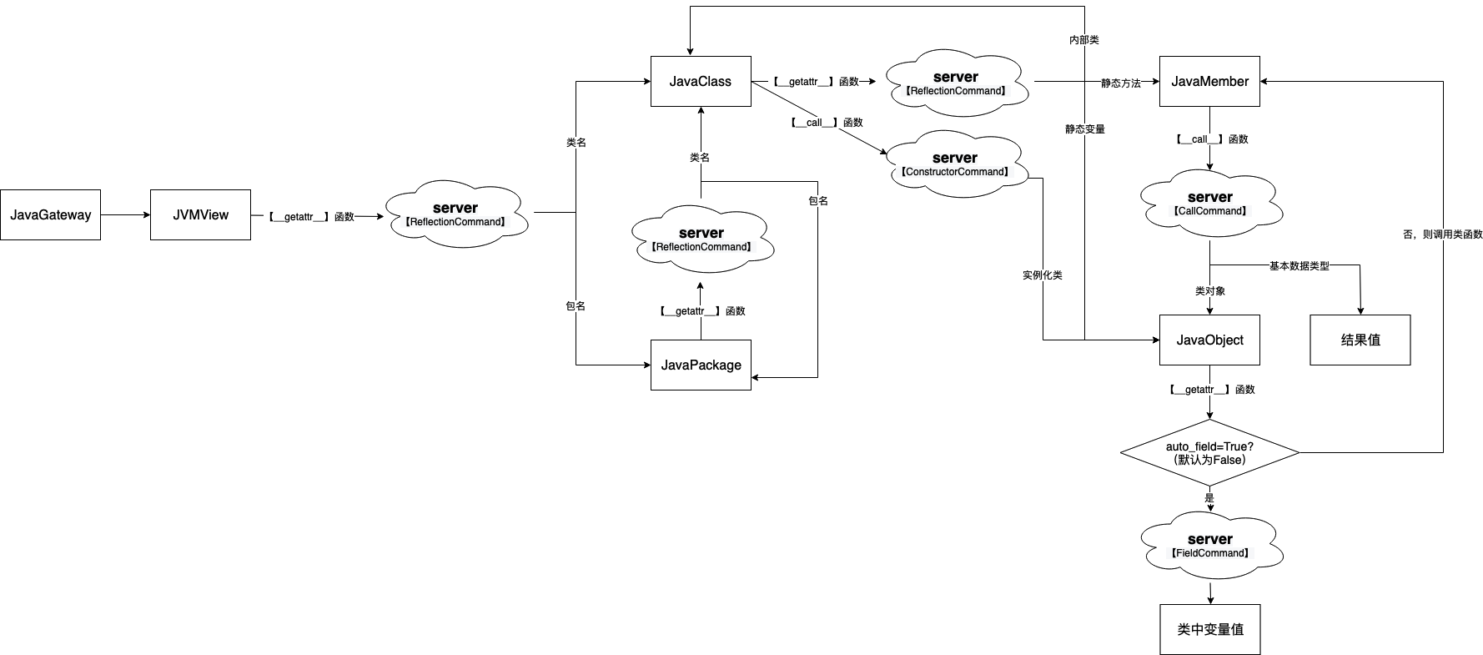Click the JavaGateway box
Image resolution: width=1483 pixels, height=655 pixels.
[x=50, y=215]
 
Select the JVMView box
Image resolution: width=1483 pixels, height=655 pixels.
[x=200, y=215]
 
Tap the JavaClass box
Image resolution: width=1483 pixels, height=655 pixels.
[x=701, y=82]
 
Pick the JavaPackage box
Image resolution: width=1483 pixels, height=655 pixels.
[x=701, y=365]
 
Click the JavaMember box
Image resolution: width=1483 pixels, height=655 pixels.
[x=1209, y=82]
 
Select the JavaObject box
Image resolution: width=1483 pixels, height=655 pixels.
[x=1209, y=340]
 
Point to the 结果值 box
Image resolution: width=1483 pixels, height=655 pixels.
[x=1360, y=340]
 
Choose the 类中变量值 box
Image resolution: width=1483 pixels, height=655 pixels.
[x=1209, y=629]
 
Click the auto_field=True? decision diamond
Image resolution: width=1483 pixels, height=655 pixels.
[x=1209, y=453]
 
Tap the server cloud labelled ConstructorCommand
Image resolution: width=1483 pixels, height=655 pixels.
[x=955, y=164]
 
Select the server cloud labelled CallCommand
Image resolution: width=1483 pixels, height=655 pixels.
[x=1209, y=203]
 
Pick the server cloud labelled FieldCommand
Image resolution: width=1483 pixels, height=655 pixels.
[x=1209, y=545]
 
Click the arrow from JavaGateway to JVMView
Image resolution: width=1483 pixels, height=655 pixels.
[x=125, y=215]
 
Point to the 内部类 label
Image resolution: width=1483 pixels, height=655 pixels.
[x=1084, y=40]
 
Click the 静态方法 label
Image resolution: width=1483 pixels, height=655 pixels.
[x=1120, y=83]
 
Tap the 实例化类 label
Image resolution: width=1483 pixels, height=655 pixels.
[x=1043, y=275]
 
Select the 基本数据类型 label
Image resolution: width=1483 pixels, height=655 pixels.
[x=1299, y=266]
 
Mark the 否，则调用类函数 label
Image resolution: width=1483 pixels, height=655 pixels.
[x=1443, y=234]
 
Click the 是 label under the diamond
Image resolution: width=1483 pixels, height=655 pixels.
[x=1209, y=498]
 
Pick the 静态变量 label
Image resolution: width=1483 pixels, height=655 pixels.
[x=1084, y=129]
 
